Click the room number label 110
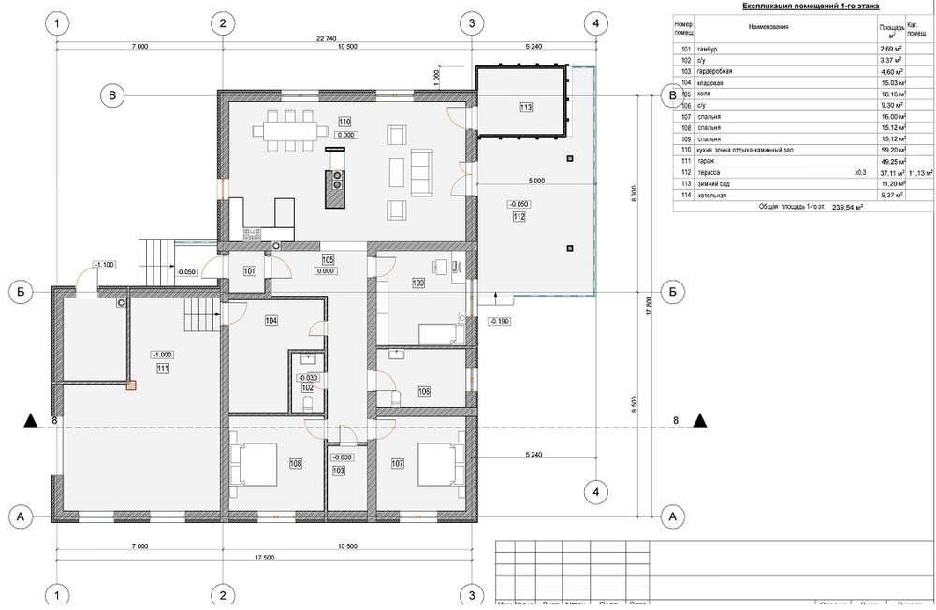tap(344, 122)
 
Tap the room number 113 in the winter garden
tap(526, 108)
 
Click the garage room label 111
tap(163, 369)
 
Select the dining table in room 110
tap(289, 128)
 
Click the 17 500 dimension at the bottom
tap(262, 559)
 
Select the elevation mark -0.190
tap(501, 321)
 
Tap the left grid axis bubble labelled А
tap(16, 516)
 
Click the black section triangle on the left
tap(32, 421)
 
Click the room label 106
tap(424, 391)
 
